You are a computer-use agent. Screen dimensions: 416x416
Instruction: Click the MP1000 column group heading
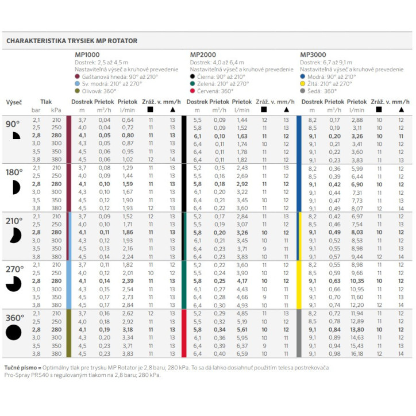87,55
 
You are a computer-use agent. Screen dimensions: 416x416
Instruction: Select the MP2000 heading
202,55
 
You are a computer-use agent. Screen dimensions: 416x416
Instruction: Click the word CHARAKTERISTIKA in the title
38,41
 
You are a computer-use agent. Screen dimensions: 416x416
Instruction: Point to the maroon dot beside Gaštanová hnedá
78,76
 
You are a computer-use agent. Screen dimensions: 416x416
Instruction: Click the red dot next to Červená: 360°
193,91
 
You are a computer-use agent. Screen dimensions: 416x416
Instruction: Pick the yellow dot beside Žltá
303,84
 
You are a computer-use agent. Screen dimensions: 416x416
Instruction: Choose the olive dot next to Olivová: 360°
78,91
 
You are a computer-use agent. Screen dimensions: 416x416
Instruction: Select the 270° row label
15,269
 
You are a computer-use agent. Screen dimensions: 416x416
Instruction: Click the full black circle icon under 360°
14,332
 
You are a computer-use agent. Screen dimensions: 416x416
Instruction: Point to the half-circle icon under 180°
15,187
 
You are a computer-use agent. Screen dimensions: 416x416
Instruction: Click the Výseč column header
14,102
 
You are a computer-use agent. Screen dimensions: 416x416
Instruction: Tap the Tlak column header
46,101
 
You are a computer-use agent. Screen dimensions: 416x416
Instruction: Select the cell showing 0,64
127,120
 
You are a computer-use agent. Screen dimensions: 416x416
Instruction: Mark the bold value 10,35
357,282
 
